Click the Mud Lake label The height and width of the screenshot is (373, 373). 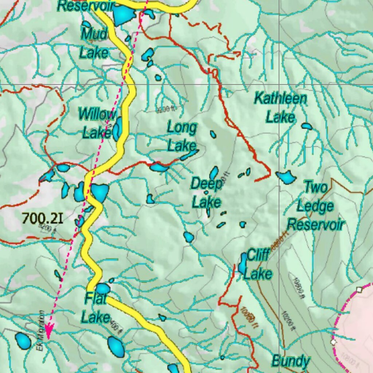click(94, 43)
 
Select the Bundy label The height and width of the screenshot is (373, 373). click(291, 361)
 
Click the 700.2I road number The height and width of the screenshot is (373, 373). click(42, 218)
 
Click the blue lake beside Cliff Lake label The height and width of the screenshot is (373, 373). click(243, 264)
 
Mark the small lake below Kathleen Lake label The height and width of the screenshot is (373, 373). click(307, 126)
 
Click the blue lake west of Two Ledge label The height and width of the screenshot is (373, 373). click(286, 177)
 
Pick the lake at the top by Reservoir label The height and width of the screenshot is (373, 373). click(123, 14)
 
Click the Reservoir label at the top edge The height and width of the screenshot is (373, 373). click(86, 5)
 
